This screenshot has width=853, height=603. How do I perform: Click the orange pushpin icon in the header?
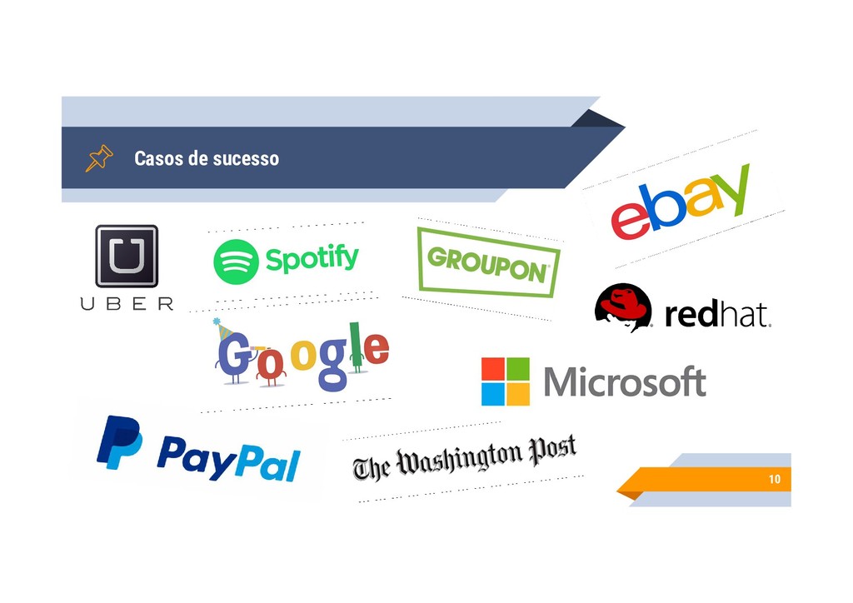click(x=98, y=158)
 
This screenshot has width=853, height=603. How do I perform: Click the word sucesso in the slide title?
click(x=246, y=158)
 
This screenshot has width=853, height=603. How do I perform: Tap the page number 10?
click(x=775, y=480)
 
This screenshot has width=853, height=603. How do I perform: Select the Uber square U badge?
click(x=127, y=256)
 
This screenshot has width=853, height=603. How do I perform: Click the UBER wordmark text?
click(x=127, y=304)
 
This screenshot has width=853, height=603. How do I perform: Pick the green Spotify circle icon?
click(x=236, y=262)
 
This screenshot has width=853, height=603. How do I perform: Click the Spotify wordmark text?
click(x=312, y=259)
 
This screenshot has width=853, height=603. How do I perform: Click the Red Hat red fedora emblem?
click(x=623, y=306)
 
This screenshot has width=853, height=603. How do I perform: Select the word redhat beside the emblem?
click(x=717, y=316)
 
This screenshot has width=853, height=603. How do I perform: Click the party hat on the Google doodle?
click(x=223, y=328)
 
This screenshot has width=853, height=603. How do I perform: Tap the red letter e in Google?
click(x=377, y=349)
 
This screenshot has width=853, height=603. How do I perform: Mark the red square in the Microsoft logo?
click(x=493, y=369)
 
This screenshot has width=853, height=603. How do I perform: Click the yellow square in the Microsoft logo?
click(x=518, y=394)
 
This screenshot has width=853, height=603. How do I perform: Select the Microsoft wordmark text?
click(x=625, y=383)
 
